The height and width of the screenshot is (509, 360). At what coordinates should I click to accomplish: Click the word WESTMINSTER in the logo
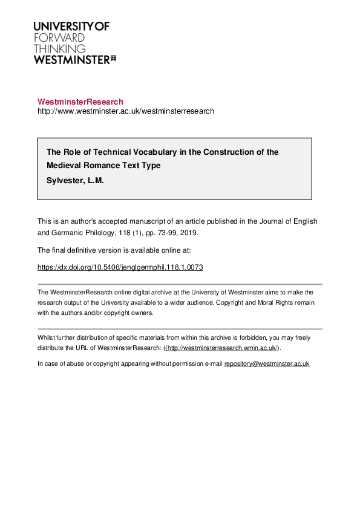71,60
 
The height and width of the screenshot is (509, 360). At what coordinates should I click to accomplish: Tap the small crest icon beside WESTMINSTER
113,59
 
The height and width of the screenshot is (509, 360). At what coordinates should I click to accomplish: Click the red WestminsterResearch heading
80,102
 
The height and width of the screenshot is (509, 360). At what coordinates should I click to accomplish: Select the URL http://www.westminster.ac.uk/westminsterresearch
126,112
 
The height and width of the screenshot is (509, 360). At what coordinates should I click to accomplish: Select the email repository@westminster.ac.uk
267,363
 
